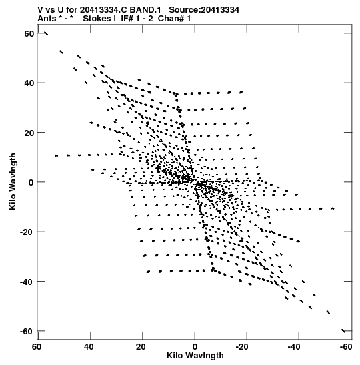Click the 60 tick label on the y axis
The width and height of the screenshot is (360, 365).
[x=29, y=34]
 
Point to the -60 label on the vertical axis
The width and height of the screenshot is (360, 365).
[x=27, y=331]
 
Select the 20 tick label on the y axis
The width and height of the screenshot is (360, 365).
[x=29, y=133]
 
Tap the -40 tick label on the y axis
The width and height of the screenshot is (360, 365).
[x=27, y=282]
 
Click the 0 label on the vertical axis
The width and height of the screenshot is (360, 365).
[x=31, y=183]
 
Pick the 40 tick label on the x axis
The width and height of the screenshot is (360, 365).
[x=89, y=347]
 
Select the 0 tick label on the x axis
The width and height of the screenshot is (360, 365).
[x=195, y=347]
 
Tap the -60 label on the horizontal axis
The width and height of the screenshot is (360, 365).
[x=346, y=347]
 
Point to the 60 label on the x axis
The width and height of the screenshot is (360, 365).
[x=37, y=347]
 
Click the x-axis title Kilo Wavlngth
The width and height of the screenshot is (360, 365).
[x=195, y=356]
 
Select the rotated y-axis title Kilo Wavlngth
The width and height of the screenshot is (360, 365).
[x=13, y=181]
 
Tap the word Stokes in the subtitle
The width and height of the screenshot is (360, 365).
[x=99, y=19]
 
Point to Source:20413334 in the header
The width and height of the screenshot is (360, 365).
[x=204, y=10]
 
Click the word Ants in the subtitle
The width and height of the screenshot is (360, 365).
[x=47, y=19]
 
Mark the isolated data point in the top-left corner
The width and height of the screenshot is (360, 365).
[x=46, y=33]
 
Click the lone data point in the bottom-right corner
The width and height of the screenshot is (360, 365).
[x=343, y=330]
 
